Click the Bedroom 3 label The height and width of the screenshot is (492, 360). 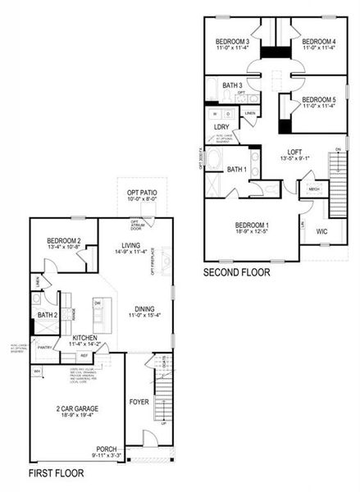(232, 41)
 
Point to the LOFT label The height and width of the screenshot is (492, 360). (295, 151)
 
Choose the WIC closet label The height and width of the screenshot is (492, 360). (322, 231)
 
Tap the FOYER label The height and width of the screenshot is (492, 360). (139, 403)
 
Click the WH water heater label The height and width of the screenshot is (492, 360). (37, 371)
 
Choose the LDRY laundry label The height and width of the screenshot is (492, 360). (221, 127)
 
